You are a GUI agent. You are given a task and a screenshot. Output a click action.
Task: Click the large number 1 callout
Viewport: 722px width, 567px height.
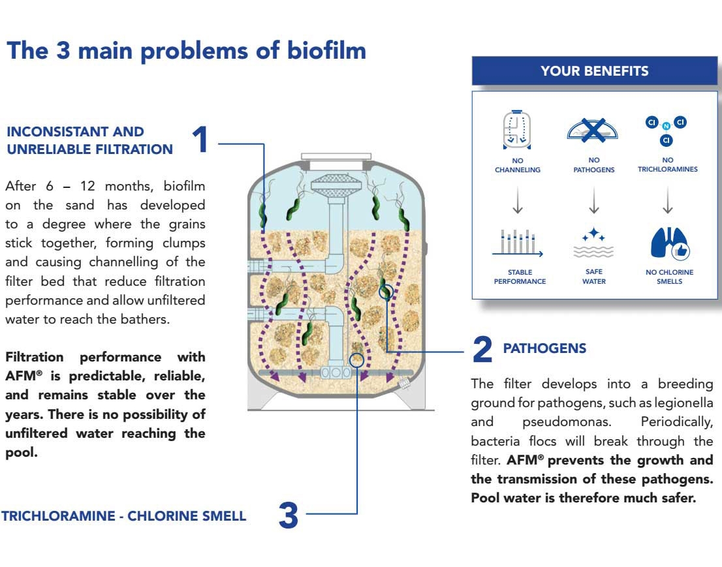[x=200, y=140]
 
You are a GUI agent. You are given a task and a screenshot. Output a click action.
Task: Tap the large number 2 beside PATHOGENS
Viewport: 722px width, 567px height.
[x=482, y=350]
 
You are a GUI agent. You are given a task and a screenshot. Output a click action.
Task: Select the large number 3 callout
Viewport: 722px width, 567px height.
[x=288, y=515]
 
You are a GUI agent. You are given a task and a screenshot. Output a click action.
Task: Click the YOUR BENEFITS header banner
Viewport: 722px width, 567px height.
[x=594, y=71]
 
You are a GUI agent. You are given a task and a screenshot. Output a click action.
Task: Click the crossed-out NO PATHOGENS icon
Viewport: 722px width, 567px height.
[x=593, y=129]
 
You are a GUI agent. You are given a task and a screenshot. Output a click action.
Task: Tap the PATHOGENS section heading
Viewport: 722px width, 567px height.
[x=544, y=348]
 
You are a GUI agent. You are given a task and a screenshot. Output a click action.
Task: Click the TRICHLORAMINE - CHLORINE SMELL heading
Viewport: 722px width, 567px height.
[x=124, y=516]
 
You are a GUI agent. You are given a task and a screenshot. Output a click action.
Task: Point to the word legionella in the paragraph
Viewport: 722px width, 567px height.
[x=682, y=403]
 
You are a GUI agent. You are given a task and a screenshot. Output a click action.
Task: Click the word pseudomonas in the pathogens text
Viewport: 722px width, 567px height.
[x=567, y=421]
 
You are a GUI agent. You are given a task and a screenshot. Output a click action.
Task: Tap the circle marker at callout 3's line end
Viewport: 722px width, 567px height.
[x=356, y=359]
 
